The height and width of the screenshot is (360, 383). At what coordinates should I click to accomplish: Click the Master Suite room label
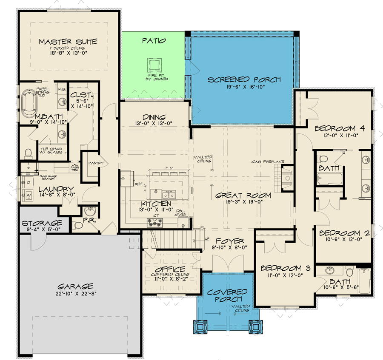point(68,42)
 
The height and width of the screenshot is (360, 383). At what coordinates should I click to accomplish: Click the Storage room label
point(42,223)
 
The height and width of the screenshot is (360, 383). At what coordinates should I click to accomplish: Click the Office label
point(170,269)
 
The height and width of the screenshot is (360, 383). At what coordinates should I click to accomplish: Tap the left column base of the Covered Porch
point(200,327)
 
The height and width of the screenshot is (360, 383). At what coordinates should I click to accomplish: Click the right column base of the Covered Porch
point(256,327)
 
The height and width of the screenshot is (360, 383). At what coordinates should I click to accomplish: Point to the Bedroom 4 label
point(340,128)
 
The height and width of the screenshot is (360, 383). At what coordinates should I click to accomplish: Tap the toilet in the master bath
point(28,152)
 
